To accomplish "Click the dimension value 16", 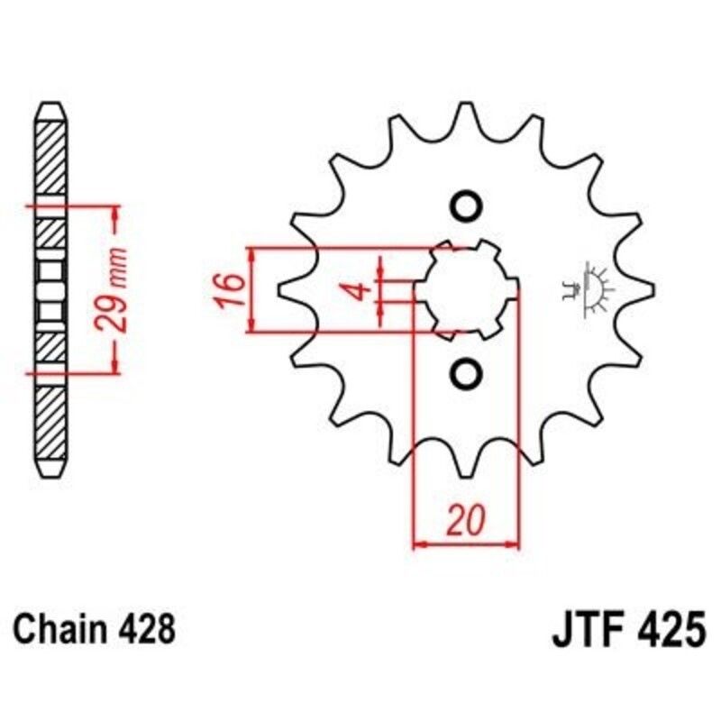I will click(x=231, y=290).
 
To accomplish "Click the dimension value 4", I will click(x=358, y=290).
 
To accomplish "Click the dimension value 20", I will click(x=467, y=521).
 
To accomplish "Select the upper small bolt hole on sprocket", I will click(x=466, y=206).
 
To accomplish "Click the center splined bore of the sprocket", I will click(x=466, y=289).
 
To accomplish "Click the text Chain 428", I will click(x=95, y=628).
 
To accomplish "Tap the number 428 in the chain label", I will click(x=144, y=628).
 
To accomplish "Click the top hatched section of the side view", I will click(x=51, y=153).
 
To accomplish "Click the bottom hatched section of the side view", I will click(x=51, y=424).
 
